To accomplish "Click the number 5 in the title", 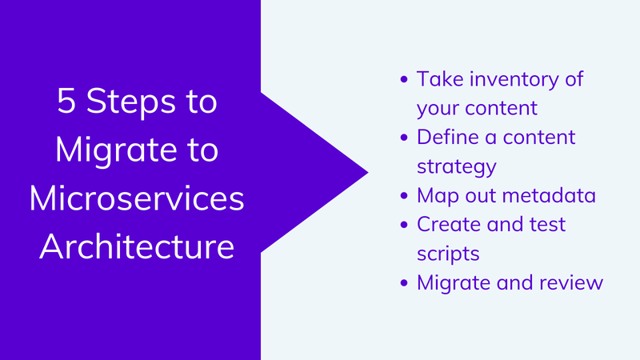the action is click(66, 101).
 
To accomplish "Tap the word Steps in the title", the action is click(131, 102).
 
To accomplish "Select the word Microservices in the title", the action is click(137, 198).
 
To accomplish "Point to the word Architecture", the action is click(137, 246).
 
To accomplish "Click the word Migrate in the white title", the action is click(116, 151).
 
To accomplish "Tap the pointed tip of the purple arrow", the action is click(368, 172).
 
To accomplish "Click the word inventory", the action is click(514, 79).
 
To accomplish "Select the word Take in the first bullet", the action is click(440, 78).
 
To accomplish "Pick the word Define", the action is click(448, 137).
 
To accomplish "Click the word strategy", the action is click(457, 167).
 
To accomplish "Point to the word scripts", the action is click(448, 254).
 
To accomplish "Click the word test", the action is click(547, 225).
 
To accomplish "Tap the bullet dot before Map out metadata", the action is click(404, 196).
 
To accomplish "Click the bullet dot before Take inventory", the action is click(404, 79).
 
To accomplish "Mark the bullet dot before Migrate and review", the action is click(404, 283).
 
